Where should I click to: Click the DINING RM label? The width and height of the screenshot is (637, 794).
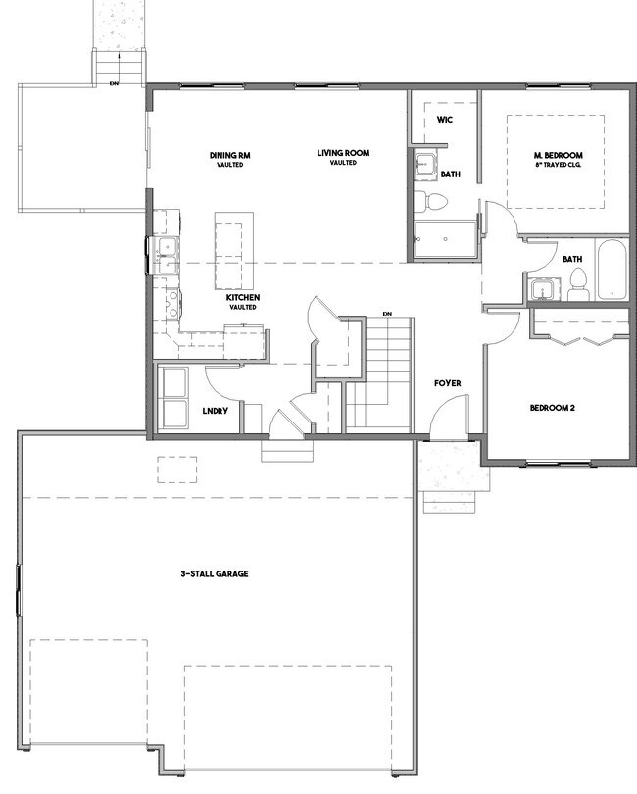point(230,155)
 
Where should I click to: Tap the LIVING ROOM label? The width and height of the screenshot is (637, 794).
point(343,152)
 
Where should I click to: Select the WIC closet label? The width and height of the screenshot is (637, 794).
point(445,120)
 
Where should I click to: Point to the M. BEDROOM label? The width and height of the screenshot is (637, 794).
point(558,155)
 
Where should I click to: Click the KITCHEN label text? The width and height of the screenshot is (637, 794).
point(243,298)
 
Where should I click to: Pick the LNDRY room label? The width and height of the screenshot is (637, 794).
point(216,411)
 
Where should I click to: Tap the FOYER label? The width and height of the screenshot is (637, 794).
point(448,383)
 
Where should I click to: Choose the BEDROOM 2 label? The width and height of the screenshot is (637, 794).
point(553,408)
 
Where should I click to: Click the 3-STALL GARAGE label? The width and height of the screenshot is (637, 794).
point(215,573)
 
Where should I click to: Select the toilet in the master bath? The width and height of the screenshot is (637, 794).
point(430,201)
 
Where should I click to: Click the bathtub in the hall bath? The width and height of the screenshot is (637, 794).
point(612,270)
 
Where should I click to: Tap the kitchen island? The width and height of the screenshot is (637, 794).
point(234,251)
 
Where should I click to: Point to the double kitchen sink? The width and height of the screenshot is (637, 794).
point(167,256)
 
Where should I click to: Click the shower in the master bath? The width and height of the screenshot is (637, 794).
point(445,239)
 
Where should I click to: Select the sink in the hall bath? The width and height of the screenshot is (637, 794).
point(543,289)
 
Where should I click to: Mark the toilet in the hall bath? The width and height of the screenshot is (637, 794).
point(577,285)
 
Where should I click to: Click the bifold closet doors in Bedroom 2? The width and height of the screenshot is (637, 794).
point(582,339)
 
